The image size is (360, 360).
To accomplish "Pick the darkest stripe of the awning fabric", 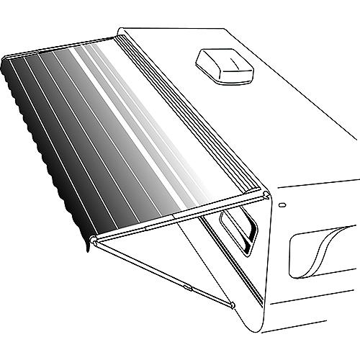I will pos(22,101).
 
